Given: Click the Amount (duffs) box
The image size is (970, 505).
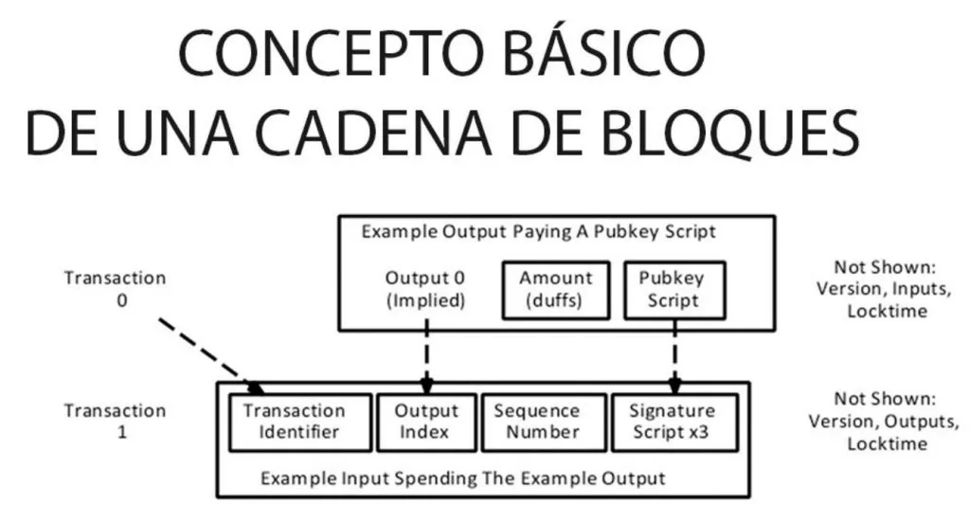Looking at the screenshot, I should [556, 289].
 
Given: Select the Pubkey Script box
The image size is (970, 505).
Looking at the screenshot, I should [674, 289].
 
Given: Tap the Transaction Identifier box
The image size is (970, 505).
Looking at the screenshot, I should [294, 422].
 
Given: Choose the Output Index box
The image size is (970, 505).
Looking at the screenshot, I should [426, 422].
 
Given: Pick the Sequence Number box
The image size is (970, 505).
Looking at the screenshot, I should [536, 422].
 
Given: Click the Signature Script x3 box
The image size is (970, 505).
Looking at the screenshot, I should [672, 422].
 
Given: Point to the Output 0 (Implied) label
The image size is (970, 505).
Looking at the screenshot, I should [426, 289].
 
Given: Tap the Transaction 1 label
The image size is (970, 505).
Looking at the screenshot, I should [115, 421].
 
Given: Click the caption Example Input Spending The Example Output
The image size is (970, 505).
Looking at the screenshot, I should [463, 478].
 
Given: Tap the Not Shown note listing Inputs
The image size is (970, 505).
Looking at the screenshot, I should [871, 289].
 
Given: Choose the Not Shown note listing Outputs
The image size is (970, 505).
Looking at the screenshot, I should [871, 421].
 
